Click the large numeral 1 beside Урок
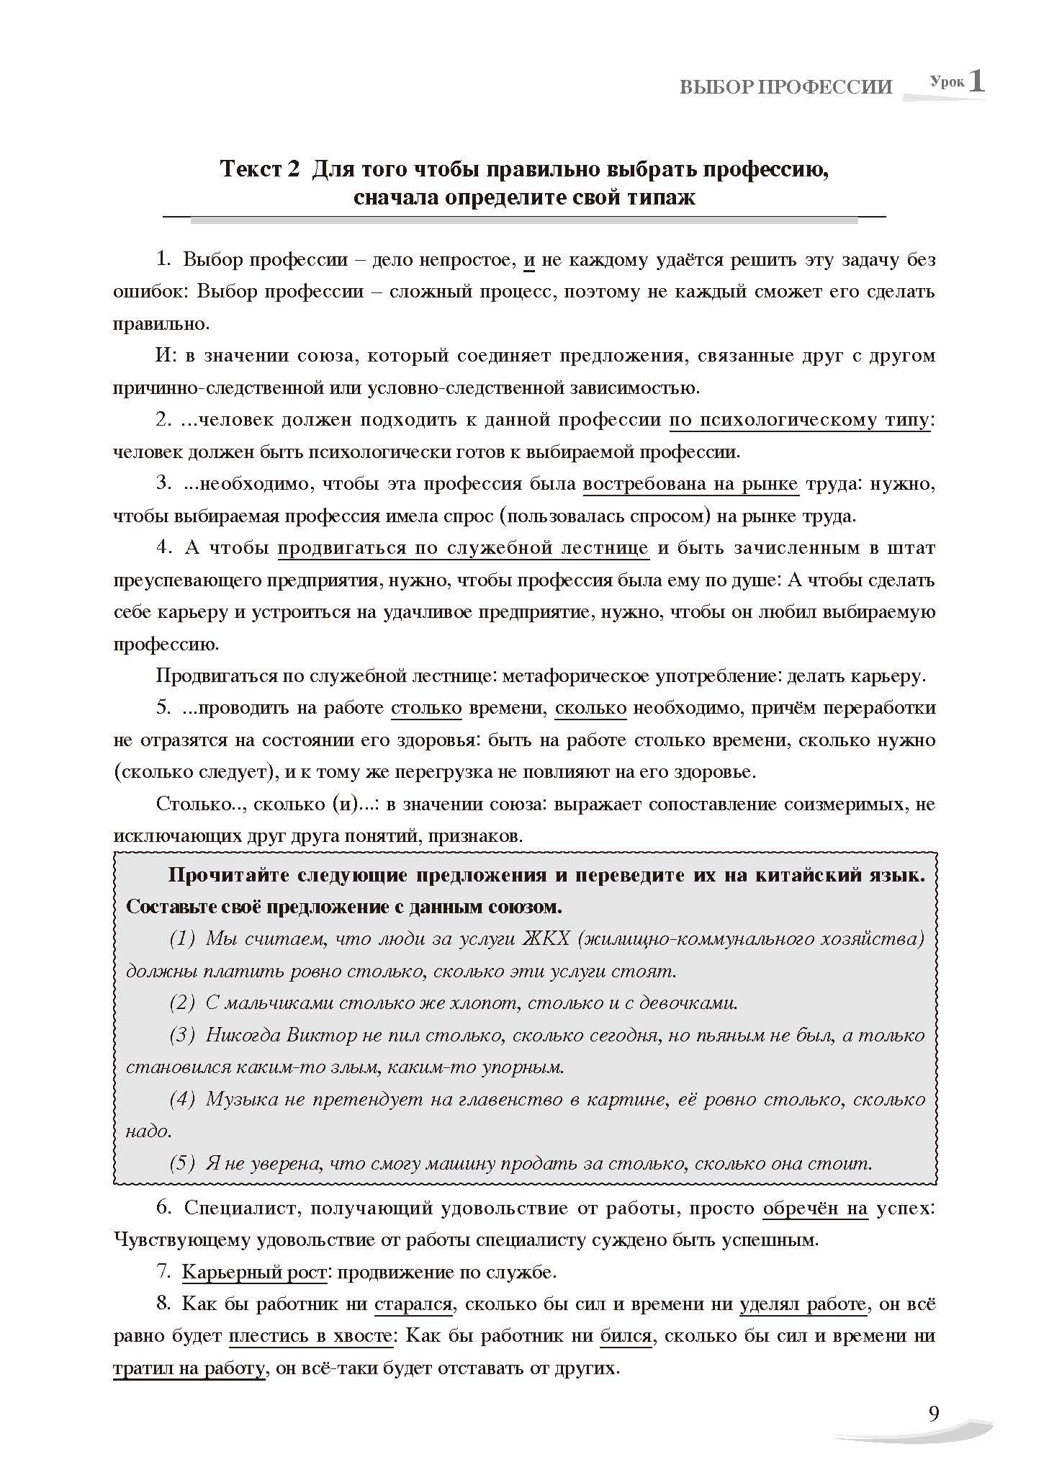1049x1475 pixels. point(976,81)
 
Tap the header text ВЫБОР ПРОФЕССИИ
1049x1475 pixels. point(785,88)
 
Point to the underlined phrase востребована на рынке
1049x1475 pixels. point(690,484)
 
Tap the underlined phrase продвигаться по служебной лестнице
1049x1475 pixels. point(463,548)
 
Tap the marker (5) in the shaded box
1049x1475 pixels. point(182,1163)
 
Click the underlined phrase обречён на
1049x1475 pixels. point(815,1209)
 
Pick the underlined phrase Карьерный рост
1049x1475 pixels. point(254,1273)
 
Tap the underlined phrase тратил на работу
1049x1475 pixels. point(189,1368)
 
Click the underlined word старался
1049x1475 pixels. point(413,1304)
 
